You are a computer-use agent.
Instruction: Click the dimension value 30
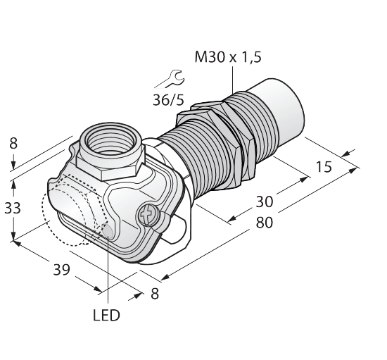pyautogui.click(x=264, y=201)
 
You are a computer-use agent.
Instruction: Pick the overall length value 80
pyautogui.click(x=264, y=223)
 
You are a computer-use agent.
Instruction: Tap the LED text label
pyautogui.click(x=106, y=315)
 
